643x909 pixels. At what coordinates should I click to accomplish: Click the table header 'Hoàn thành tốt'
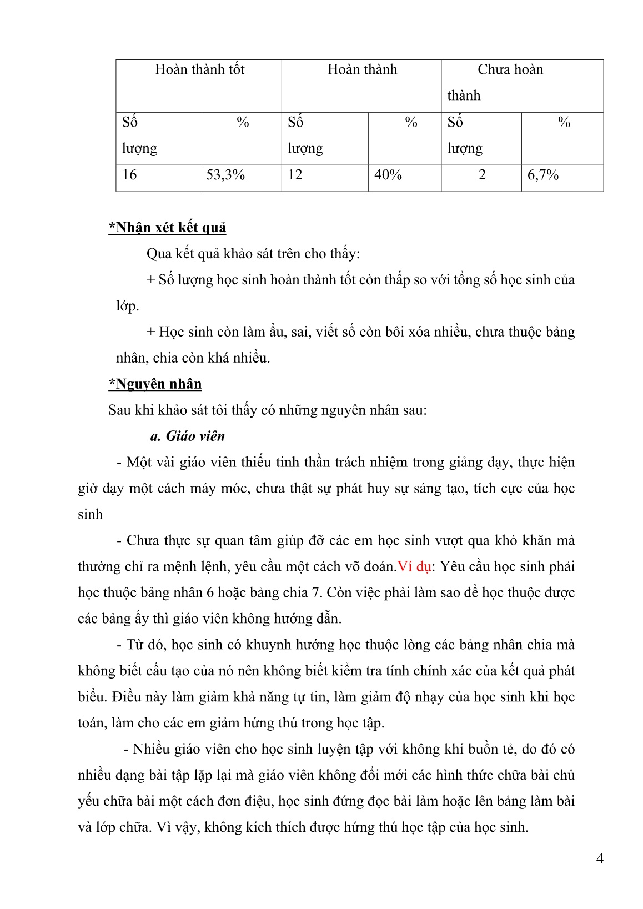(x=199, y=69)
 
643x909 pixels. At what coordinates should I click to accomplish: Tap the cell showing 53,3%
(x=225, y=175)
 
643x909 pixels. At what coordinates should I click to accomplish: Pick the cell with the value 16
(x=129, y=175)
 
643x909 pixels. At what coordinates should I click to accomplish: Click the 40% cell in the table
(x=388, y=175)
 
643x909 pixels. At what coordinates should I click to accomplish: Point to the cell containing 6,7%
(x=543, y=175)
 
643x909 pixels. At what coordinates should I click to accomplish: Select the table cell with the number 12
(x=295, y=175)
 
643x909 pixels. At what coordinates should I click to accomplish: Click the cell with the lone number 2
(x=482, y=175)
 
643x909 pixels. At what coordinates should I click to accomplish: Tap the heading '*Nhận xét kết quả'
(x=167, y=228)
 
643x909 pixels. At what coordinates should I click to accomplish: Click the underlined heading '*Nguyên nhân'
(x=155, y=384)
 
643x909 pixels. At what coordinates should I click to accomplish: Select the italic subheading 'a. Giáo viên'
(x=188, y=436)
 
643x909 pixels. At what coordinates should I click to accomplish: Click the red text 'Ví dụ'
(x=414, y=567)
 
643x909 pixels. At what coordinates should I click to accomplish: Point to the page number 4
(x=600, y=859)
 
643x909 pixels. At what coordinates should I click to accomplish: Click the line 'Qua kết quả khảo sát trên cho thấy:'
(x=253, y=254)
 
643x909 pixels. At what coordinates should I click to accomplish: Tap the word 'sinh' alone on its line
(x=90, y=515)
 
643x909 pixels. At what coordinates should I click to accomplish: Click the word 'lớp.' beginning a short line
(x=127, y=306)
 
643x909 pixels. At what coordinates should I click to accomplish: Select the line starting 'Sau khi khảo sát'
(x=268, y=410)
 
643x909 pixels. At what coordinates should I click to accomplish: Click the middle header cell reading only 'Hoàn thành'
(x=362, y=69)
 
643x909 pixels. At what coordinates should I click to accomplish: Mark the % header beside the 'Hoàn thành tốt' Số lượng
(x=243, y=123)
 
